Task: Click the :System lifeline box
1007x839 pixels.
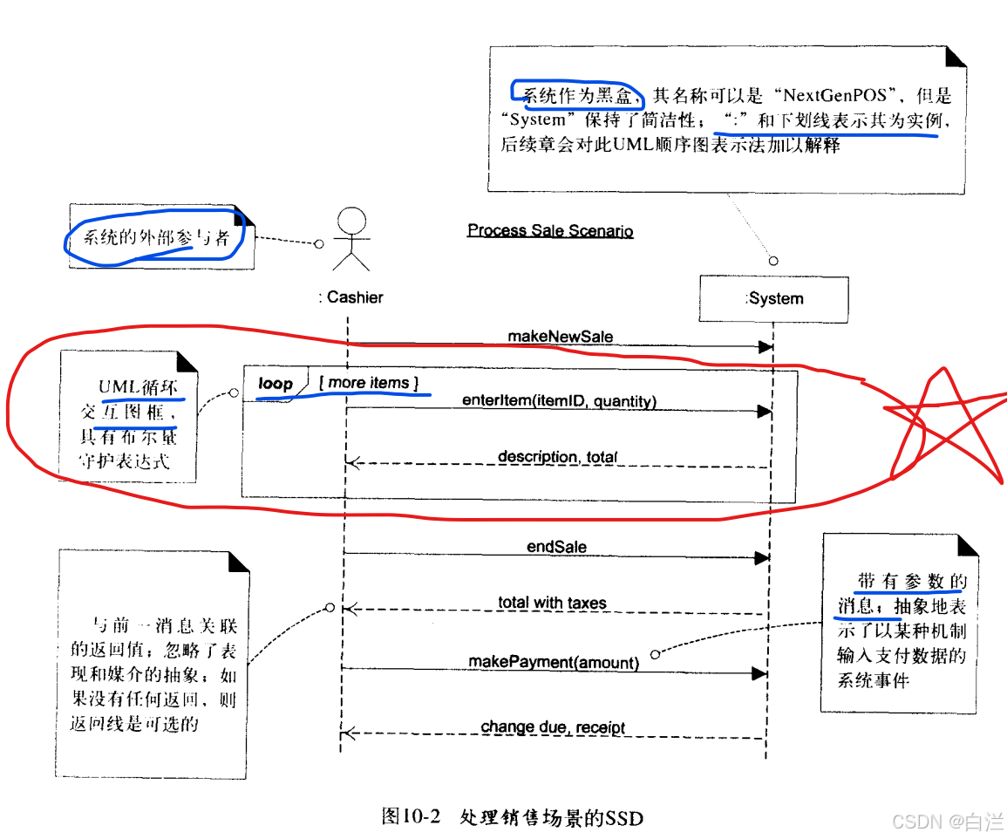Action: pyautogui.click(x=773, y=298)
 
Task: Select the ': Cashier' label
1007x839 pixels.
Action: pyautogui.click(x=350, y=297)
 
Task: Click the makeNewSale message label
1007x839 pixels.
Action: pyautogui.click(x=561, y=336)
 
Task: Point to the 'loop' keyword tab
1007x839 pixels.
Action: pyautogui.click(x=276, y=383)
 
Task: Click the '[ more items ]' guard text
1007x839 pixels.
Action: pyautogui.click(x=369, y=383)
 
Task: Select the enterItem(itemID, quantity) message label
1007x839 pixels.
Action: pyautogui.click(x=559, y=401)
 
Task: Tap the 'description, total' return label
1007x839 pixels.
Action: pyautogui.click(x=558, y=456)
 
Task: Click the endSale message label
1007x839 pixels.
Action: pyautogui.click(x=557, y=547)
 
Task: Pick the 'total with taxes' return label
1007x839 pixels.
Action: pyautogui.click(x=552, y=602)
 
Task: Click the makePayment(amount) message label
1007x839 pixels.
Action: pyautogui.click(x=554, y=662)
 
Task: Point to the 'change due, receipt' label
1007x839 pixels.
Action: pyautogui.click(x=553, y=727)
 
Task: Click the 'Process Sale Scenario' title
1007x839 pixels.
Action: pyautogui.click(x=550, y=230)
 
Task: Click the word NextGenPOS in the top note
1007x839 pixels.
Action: pyautogui.click(x=835, y=96)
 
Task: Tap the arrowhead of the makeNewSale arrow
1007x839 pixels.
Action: pyautogui.click(x=765, y=346)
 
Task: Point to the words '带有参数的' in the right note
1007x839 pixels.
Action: pyautogui.click(x=911, y=581)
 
